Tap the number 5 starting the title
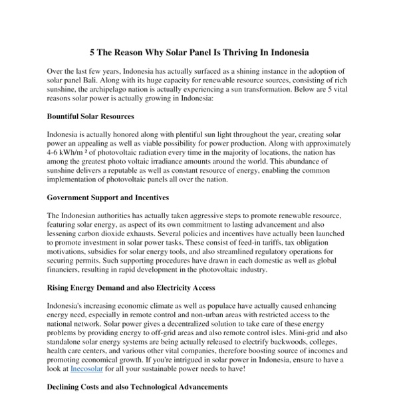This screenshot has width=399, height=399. click(93, 51)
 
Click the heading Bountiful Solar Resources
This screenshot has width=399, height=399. click(89, 116)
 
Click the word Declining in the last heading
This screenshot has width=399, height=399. click(65, 386)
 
